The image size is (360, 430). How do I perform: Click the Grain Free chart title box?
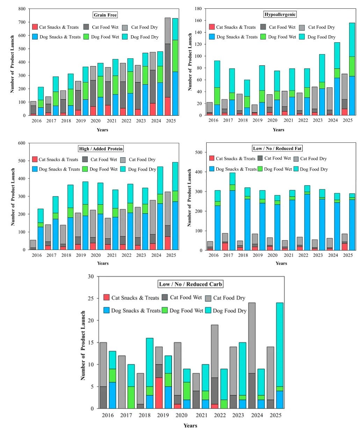point(105,15)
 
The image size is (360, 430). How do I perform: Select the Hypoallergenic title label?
point(280,14)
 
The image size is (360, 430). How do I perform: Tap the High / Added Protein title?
point(101,149)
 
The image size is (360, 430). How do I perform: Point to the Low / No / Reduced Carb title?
point(190,284)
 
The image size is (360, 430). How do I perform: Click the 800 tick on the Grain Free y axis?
point(22,9)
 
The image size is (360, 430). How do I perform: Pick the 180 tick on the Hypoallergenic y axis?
point(198,9)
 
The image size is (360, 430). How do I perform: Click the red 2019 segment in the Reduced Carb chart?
point(159,393)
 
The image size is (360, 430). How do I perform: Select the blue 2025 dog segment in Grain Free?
point(175,93)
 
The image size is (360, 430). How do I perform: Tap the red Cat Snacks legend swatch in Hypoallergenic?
point(212,27)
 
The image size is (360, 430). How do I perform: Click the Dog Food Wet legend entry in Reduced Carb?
point(182,310)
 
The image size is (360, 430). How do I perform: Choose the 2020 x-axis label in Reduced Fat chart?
point(273,255)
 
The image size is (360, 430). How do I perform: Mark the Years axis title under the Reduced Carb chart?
point(190,425)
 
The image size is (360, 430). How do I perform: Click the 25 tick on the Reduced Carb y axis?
point(91,298)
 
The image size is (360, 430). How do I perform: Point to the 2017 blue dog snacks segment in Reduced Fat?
point(232,220)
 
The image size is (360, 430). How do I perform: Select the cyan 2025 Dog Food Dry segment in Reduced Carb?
point(280,345)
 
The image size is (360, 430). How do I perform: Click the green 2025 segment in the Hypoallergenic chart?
point(352,66)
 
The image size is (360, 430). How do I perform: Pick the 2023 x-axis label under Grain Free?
point(141,121)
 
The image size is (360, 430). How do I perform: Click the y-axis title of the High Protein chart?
point(13,197)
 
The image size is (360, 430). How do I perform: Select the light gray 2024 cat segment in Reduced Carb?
point(252,338)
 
